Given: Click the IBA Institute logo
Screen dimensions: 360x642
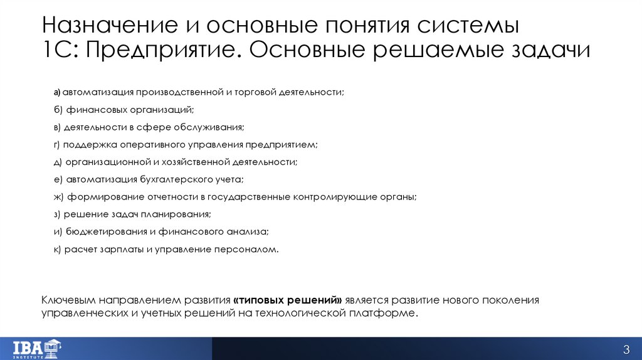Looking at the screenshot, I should pyautogui.click(x=38, y=348).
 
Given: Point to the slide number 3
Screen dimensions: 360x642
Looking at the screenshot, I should pyautogui.click(x=625, y=349).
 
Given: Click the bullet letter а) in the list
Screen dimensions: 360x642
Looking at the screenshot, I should pyautogui.click(x=56, y=92).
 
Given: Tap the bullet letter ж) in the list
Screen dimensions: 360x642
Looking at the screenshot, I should pyautogui.click(x=58, y=196).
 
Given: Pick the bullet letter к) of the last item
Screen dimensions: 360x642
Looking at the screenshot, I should pyautogui.click(x=58, y=249).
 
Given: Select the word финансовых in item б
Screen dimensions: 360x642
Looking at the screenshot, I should pyautogui.click(x=90, y=110).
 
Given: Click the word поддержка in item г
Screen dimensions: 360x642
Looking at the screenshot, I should pyautogui.click(x=90, y=144).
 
